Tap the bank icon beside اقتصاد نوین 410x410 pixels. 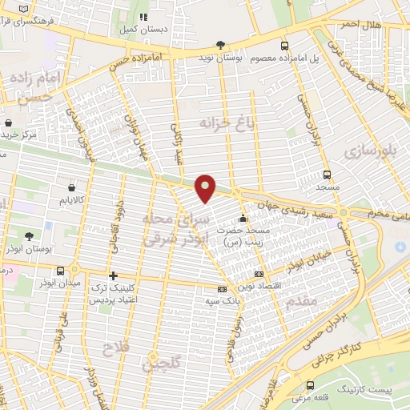(x=257, y=274)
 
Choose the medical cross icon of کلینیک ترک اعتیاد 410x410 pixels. (x=113, y=275)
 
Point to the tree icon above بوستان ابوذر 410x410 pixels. (x=30, y=236)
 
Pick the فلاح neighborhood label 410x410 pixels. (x=115, y=348)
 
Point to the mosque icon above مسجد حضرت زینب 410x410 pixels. (x=243, y=218)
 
